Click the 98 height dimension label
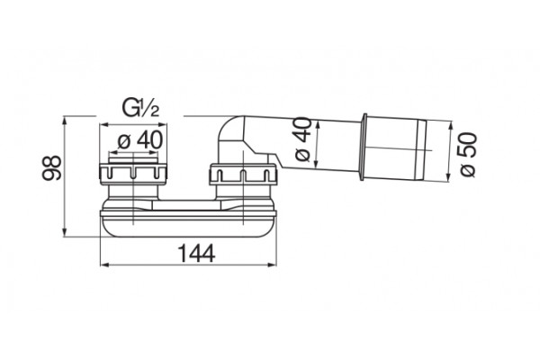(x=51, y=167)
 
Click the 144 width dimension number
(x=196, y=254)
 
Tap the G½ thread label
(x=140, y=109)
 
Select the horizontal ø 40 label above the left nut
(x=139, y=140)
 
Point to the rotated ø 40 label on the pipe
(x=303, y=139)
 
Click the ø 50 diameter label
(x=468, y=154)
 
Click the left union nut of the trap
(x=133, y=172)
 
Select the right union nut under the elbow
(x=243, y=174)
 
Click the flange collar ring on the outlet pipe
(x=363, y=146)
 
